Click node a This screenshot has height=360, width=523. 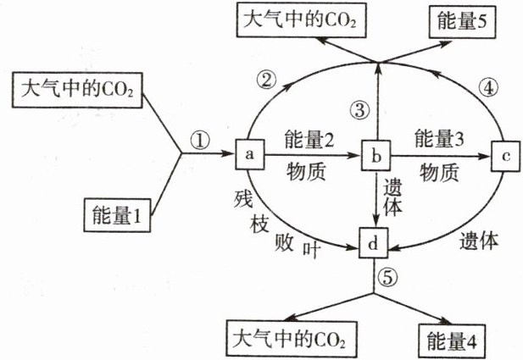249,155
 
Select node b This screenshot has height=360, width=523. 375,157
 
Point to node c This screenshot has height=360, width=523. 504,157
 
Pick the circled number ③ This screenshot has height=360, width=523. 362,108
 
